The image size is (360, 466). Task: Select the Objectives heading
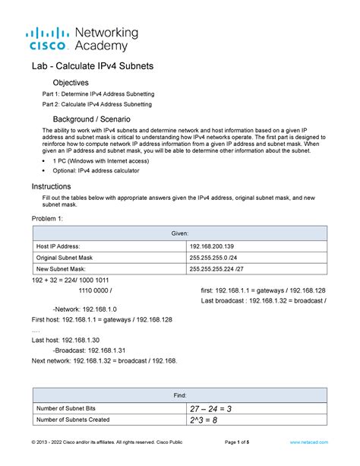click(71, 82)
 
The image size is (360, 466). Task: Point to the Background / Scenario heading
click(91, 120)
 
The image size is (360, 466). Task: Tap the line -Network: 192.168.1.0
click(85, 309)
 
